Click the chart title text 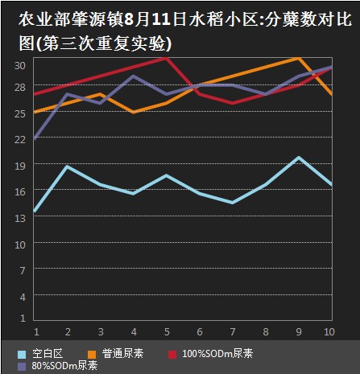(185, 31)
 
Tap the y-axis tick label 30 (20, 65)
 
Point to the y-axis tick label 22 (20, 139)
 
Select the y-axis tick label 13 (20, 218)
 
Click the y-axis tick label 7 (23, 270)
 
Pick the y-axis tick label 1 (23, 318)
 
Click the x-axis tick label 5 (167, 332)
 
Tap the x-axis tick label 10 (329, 332)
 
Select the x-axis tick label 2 (68, 332)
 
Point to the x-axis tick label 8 (266, 332)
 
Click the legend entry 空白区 (40, 354)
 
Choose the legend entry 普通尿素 (116, 354)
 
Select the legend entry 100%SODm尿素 (210, 354)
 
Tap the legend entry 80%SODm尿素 (57, 366)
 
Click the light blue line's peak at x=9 (299, 158)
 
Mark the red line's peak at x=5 (167, 58)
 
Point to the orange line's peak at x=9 (298, 58)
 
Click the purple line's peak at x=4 (134, 76)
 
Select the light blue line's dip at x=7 (233, 203)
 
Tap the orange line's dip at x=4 (134, 113)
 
